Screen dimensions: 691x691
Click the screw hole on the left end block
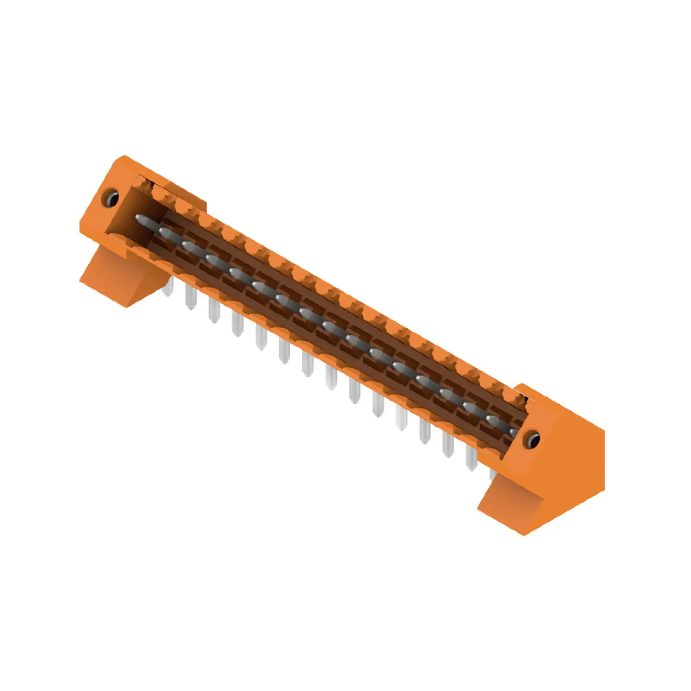[x=111, y=199]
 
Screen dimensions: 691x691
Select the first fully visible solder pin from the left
[x=191, y=297]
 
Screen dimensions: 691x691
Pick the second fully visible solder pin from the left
[x=214, y=311]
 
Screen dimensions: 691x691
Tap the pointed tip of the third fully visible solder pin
[x=237, y=334]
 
